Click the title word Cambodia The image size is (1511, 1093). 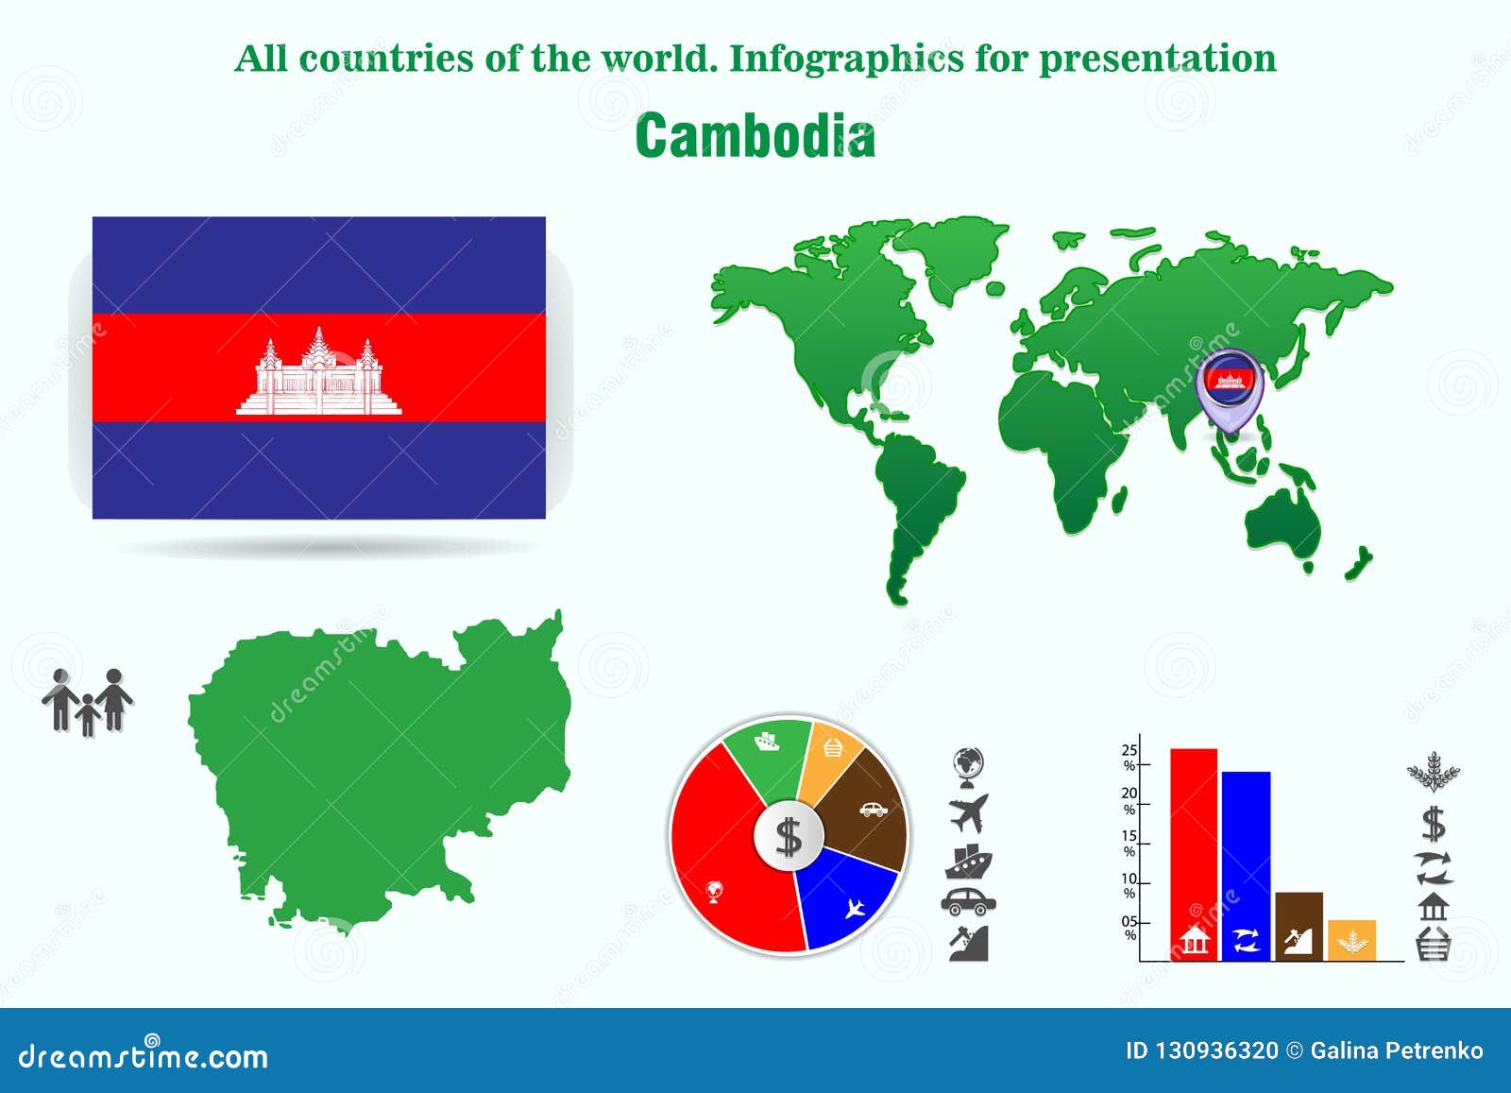pos(755,137)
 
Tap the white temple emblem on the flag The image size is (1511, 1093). pos(318,373)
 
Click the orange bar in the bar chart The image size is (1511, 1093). pos(1351,939)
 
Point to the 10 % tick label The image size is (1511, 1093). pos(1129,886)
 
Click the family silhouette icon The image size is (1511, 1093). pos(88,702)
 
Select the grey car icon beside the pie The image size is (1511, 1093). pos(969,901)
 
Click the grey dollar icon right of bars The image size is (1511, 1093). pos(1434,824)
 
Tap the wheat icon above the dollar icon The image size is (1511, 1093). pos(1434,773)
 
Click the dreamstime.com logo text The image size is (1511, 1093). pos(144,1055)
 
